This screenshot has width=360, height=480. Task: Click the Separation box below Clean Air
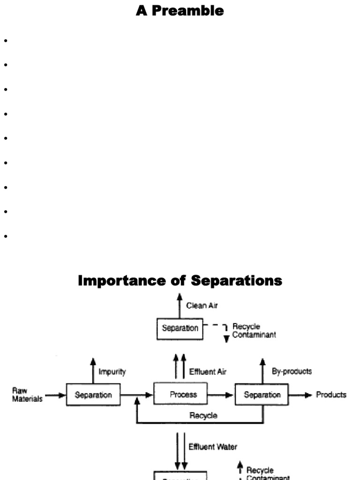click(180, 328)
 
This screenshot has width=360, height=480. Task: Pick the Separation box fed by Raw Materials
click(94, 395)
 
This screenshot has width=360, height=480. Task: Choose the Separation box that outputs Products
click(262, 395)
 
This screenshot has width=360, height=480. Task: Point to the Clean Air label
click(202, 306)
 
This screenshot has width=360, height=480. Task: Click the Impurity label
click(112, 372)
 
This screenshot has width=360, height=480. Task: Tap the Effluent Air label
click(208, 372)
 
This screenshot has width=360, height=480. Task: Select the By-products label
click(292, 371)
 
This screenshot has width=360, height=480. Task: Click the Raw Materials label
click(28, 395)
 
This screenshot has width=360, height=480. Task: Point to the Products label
click(331, 395)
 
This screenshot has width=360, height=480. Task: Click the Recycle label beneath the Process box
click(203, 415)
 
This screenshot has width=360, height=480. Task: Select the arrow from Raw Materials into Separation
click(56, 395)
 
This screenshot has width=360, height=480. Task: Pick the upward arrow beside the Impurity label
click(93, 368)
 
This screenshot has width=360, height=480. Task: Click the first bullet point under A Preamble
click(6, 41)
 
